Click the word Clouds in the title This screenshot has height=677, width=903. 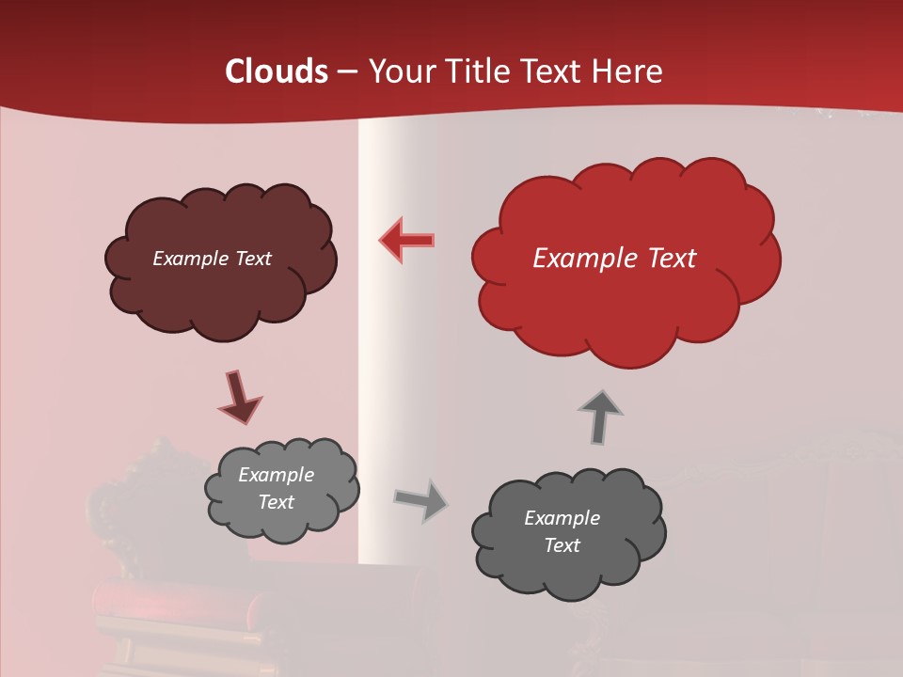point(277,71)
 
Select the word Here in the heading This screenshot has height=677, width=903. point(628,71)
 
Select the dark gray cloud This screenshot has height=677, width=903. point(568,574)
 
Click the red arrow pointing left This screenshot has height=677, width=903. point(407,240)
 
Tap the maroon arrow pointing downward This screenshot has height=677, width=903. point(239,397)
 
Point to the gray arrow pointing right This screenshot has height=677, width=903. point(420,499)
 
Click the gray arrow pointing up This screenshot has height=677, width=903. point(600,416)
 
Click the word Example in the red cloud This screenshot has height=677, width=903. point(576,259)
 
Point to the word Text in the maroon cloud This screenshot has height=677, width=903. point(253,259)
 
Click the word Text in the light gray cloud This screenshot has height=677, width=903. point(277,502)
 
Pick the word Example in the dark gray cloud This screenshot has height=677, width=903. point(562,518)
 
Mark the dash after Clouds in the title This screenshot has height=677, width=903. point(346,72)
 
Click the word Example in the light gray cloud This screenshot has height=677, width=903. point(277,475)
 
